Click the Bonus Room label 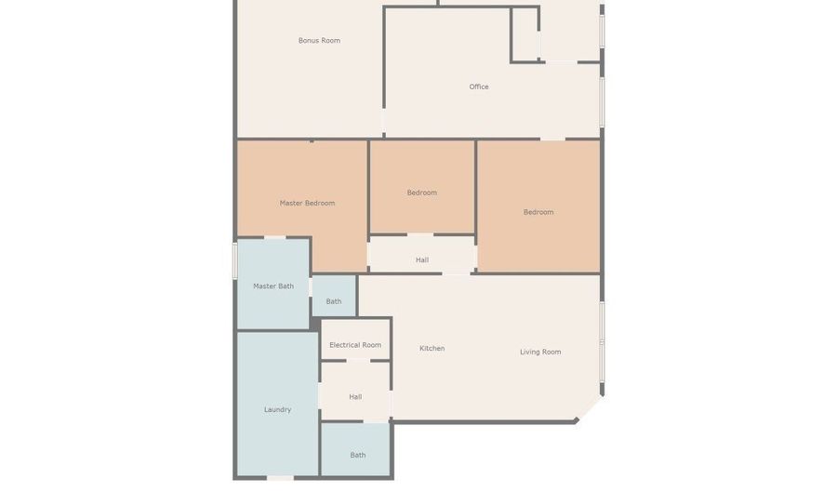(x=319, y=41)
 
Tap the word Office (x=479, y=86)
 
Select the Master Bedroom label (x=308, y=203)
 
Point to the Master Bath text (x=273, y=286)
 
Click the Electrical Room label (x=355, y=345)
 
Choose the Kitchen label (x=432, y=349)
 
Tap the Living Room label (x=540, y=352)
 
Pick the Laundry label (x=277, y=410)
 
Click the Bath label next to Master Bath (x=334, y=301)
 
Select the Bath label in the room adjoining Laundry (x=358, y=455)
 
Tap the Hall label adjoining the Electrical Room (x=355, y=397)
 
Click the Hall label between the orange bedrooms (x=422, y=259)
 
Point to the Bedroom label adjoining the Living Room (x=538, y=212)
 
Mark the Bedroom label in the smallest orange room (x=421, y=193)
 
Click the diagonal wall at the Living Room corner (x=590, y=409)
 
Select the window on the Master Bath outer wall (x=234, y=260)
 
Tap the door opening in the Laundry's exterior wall (x=280, y=478)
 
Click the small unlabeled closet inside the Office (x=525, y=34)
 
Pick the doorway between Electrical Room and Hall (x=358, y=361)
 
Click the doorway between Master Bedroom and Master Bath (x=275, y=237)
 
